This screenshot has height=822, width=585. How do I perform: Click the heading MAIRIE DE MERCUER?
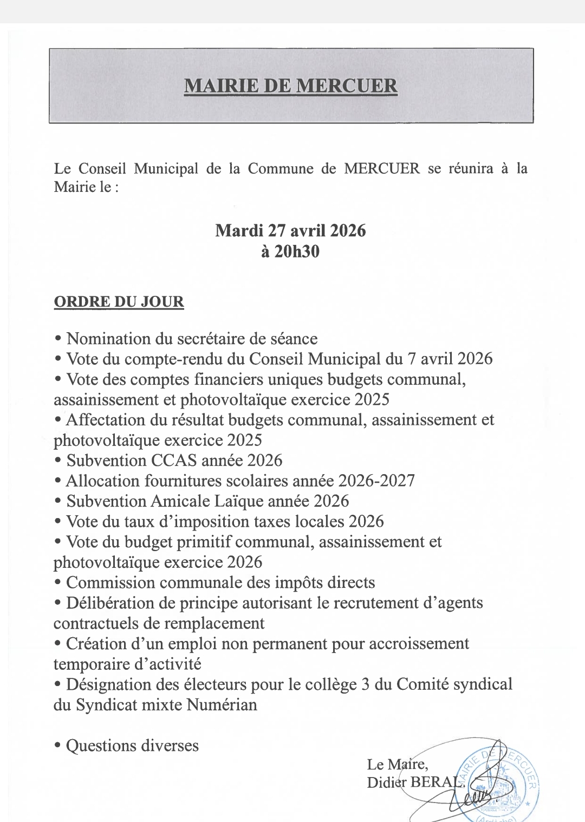291,86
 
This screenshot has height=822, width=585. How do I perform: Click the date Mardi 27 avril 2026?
290,231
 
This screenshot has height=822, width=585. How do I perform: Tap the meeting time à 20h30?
290,251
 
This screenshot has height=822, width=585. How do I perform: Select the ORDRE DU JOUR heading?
119,302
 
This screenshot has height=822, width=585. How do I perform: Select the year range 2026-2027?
376,481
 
